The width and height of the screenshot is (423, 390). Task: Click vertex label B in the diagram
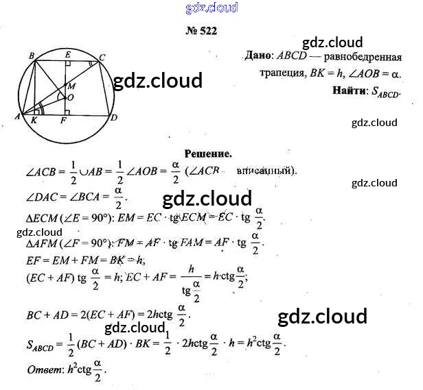[32, 55]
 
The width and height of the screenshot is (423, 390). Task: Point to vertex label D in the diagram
[114, 117]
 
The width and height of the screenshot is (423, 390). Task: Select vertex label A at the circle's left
[16, 117]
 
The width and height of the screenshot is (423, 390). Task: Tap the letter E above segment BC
[67, 53]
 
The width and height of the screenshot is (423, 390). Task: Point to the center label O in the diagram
[71, 98]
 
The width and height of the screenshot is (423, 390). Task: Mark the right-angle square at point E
[69, 63]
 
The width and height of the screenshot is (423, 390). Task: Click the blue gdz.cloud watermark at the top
[211, 8]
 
